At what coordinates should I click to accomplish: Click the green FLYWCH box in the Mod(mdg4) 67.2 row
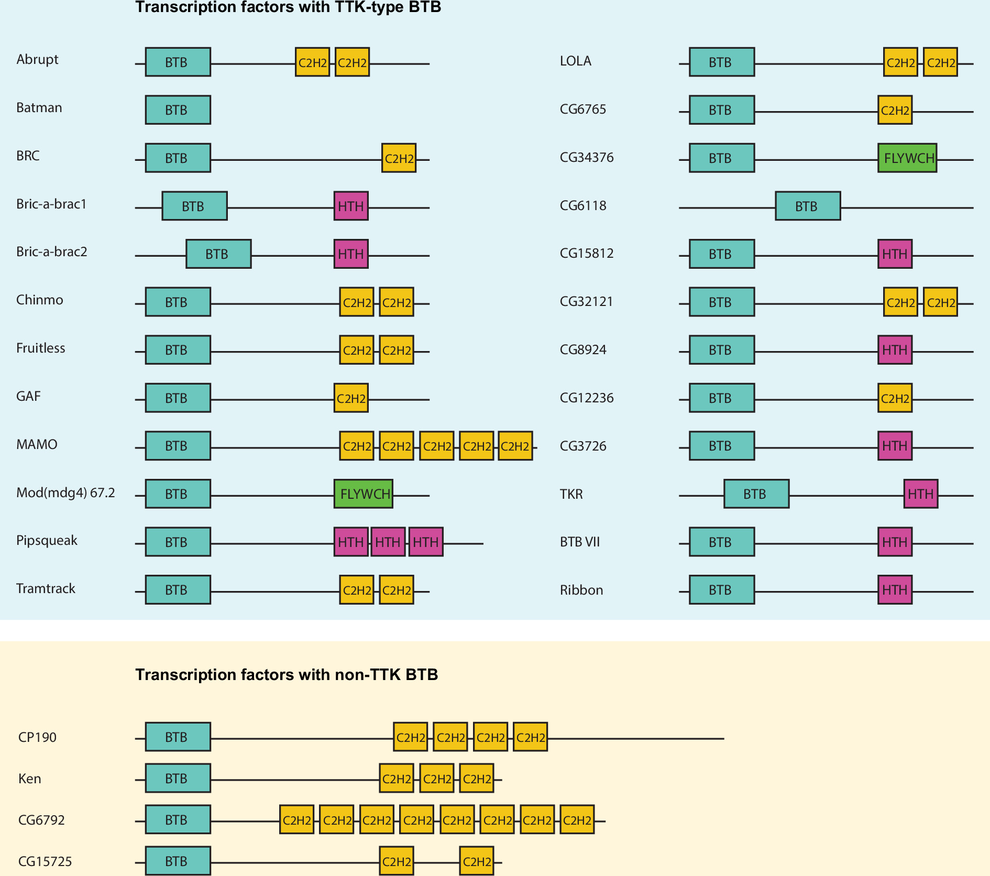point(363,494)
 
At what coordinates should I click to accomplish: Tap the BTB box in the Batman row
point(178,109)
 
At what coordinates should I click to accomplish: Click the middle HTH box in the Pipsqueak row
point(388,542)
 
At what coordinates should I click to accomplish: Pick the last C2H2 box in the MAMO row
point(515,446)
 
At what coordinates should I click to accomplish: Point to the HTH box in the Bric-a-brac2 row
point(350,254)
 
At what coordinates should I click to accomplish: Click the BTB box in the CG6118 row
point(807,206)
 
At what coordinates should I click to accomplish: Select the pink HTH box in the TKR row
point(920,494)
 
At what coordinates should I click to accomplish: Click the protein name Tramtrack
point(46,588)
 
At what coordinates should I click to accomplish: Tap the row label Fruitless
point(40,348)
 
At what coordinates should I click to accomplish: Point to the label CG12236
point(586,398)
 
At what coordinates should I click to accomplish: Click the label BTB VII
point(579,542)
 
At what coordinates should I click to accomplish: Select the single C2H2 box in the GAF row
point(350,398)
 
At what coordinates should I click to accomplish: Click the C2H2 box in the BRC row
point(399,158)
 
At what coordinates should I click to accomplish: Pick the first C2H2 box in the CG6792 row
point(296,819)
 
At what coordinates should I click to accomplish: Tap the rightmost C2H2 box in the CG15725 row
point(476,861)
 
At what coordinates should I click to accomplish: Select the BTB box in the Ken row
point(178,778)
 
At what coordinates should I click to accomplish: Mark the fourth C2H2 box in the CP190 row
point(530,737)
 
